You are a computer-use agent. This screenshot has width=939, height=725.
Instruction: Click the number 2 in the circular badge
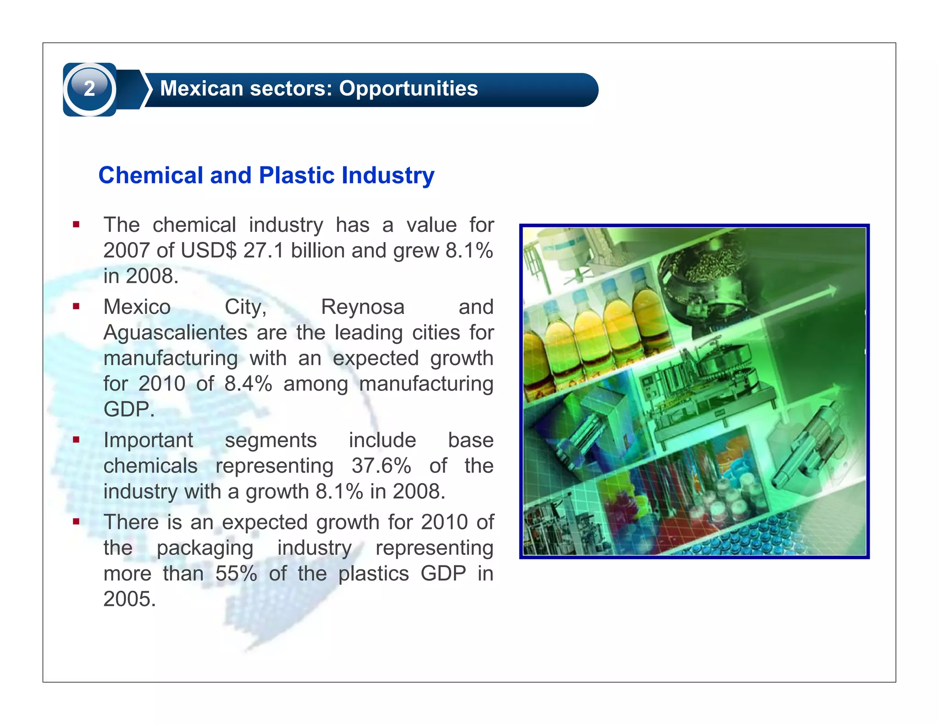click(x=89, y=88)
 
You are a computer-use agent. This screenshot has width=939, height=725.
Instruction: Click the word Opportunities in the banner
click(x=408, y=88)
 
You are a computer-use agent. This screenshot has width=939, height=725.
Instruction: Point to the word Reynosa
click(x=363, y=307)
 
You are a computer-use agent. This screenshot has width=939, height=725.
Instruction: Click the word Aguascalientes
click(x=175, y=333)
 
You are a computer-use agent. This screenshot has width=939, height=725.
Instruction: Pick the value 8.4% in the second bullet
click(x=248, y=384)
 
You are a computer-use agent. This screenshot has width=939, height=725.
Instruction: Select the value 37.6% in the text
click(x=381, y=466)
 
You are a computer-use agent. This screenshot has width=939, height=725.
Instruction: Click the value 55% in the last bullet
click(x=236, y=574)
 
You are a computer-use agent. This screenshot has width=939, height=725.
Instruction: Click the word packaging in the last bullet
click(x=205, y=548)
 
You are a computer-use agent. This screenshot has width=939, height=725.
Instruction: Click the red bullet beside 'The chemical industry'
click(x=76, y=225)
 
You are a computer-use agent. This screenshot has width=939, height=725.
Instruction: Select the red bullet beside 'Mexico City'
click(x=76, y=307)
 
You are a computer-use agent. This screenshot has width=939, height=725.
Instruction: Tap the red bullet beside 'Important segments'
click(x=76, y=439)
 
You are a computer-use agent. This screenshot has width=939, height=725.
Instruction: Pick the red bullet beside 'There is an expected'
click(x=76, y=522)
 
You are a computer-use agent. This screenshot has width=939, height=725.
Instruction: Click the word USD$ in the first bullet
click(x=209, y=251)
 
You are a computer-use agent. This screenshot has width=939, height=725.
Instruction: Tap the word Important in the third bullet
click(x=148, y=440)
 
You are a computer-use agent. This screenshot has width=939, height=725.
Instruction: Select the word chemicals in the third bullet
click(x=150, y=466)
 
